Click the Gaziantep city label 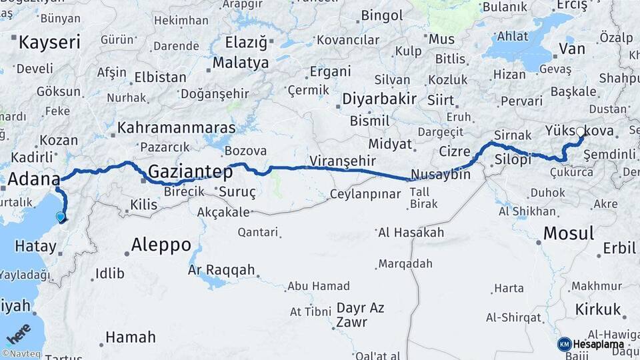tap(190, 172)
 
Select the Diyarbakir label tap(379, 99)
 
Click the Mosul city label tap(568, 233)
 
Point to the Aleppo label tap(161, 245)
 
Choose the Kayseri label tap(49, 43)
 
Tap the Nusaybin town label tap(441, 175)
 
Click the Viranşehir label tap(342, 161)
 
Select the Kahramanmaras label tap(177, 127)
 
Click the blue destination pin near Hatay tap(61, 217)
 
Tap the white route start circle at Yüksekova tap(580, 132)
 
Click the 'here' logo tap(18, 334)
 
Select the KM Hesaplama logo tap(591, 344)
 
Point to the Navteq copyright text tap(24, 354)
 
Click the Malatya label tap(241, 63)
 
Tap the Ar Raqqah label tap(222, 270)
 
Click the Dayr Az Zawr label tap(361, 315)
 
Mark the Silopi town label tap(513, 159)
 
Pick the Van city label tap(572, 49)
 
